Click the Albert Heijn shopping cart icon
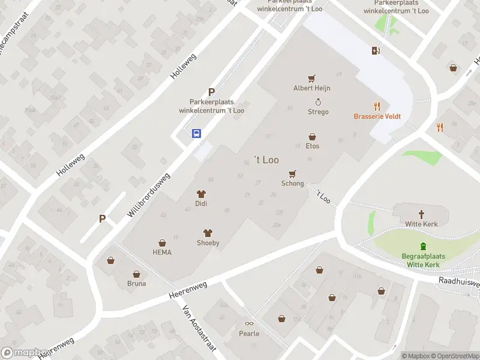pos(311,79)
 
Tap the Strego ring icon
pos(318,102)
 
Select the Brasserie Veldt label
pos(377,116)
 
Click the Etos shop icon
pos(312,137)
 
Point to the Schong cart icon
pos(293,174)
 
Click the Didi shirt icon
pos(201,194)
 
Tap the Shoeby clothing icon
pos(208,233)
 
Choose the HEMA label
pos(162,252)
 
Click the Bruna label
pos(136,283)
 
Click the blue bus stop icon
pos(196,134)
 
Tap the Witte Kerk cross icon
pos(422,214)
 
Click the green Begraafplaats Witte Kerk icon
pos(424,245)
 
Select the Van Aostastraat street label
pos(199,331)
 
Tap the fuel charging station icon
pos(376,50)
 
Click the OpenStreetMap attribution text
pos(454,356)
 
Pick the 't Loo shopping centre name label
pos(266,160)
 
